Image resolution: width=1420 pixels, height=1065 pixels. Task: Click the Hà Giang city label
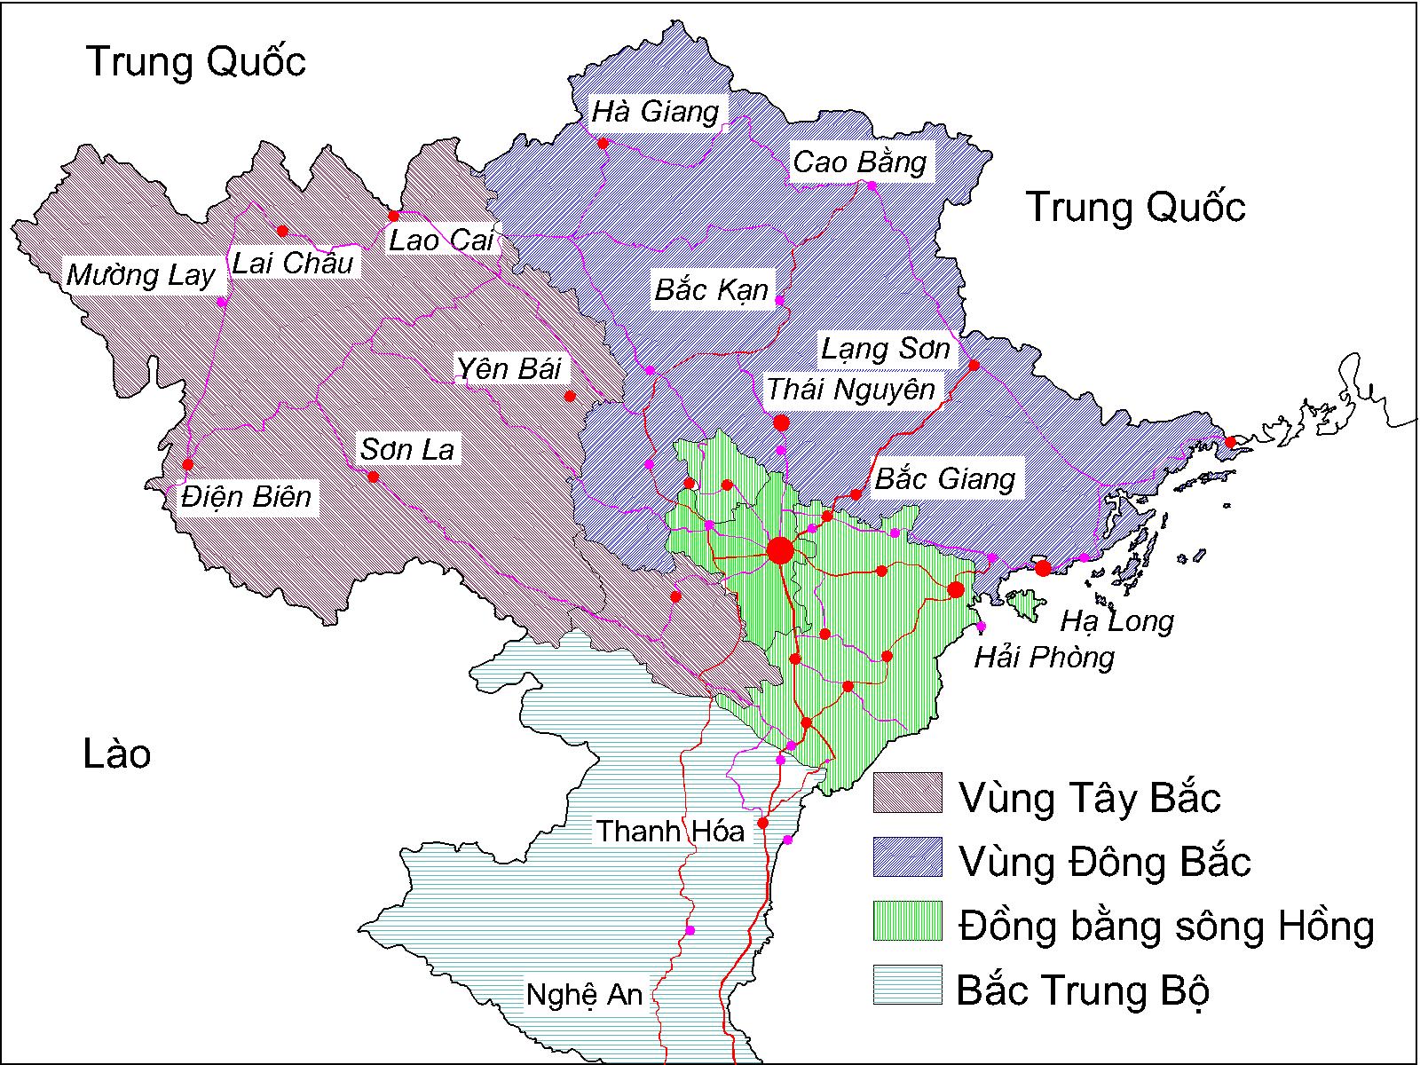point(656,113)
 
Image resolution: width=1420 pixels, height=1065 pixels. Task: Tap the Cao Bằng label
point(859,162)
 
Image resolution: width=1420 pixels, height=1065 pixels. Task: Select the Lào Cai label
point(441,240)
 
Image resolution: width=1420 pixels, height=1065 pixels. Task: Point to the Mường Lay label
point(141,276)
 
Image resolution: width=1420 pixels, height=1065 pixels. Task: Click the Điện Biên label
point(247,497)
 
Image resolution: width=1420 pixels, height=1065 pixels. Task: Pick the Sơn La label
point(407,450)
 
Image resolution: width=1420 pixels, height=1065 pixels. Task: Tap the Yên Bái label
point(510,368)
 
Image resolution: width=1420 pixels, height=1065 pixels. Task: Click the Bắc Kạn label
point(711,290)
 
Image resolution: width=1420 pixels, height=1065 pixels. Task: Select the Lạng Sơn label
point(885,349)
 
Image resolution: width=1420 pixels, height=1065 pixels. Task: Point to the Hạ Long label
point(1116,621)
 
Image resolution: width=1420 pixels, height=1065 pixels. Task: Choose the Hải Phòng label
point(1044,658)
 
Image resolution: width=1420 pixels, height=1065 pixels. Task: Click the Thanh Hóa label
point(670,832)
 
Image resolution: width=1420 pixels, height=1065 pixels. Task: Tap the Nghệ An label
point(584,994)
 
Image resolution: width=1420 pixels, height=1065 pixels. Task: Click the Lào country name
point(117,754)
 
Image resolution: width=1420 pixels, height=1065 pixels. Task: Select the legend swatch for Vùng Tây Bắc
point(907,793)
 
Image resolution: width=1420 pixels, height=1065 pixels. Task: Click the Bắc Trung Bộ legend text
point(1083,990)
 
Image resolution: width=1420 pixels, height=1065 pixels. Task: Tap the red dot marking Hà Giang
point(603,143)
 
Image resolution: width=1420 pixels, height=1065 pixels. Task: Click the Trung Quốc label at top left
point(196,62)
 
